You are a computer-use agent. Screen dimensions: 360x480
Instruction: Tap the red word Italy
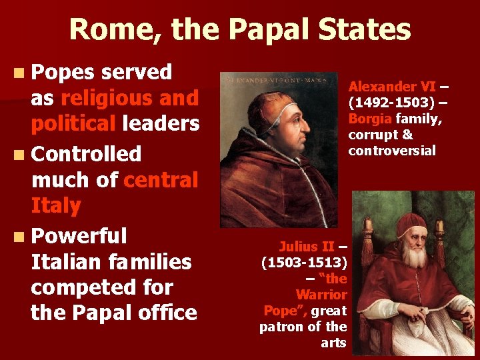[x=55, y=206]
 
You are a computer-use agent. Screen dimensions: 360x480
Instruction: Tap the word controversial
[x=392, y=151]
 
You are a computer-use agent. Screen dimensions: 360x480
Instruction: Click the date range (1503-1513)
[x=304, y=263]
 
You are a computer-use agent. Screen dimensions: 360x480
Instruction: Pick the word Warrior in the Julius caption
[x=321, y=295]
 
